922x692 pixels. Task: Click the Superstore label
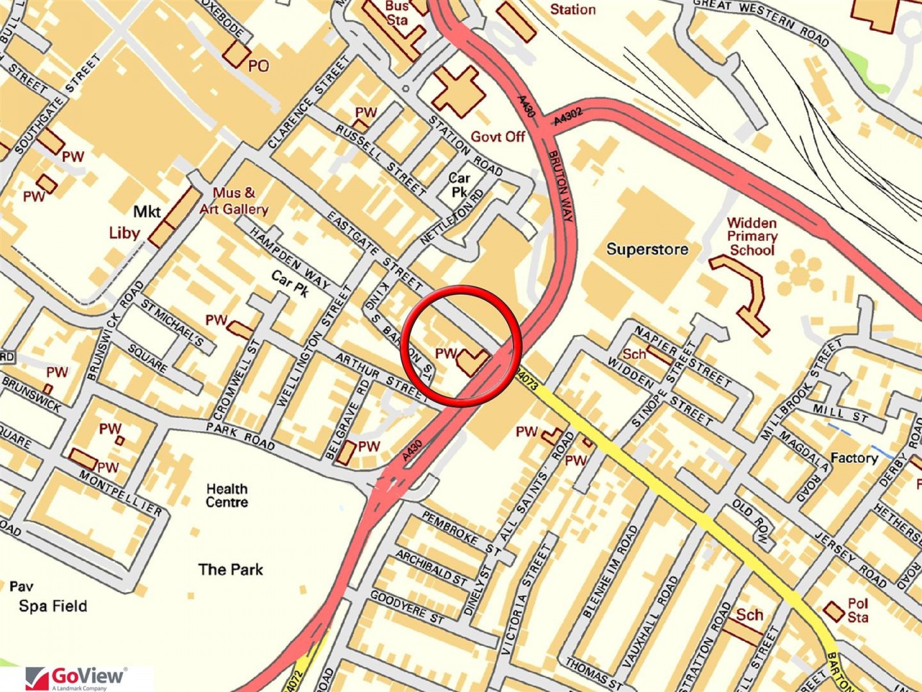tap(647, 250)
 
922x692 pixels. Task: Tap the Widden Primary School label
tap(751, 236)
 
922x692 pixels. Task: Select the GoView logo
tap(77, 678)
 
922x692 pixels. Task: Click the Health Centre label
tap(226, 495)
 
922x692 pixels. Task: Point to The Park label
tap(230, 569)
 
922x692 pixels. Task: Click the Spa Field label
tap(53, 606)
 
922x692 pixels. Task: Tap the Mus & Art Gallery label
tap(234, 201)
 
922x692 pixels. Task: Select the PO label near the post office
tap(258, 66)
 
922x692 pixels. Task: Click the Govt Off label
tap(497, 137)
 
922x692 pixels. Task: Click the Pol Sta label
tap(857, 610)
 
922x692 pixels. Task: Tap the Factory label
tap(854, 458)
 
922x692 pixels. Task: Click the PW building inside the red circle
tap(472, 361)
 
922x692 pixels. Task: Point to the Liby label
tap(124, 233)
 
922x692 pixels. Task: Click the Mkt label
tap(146, 212)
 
